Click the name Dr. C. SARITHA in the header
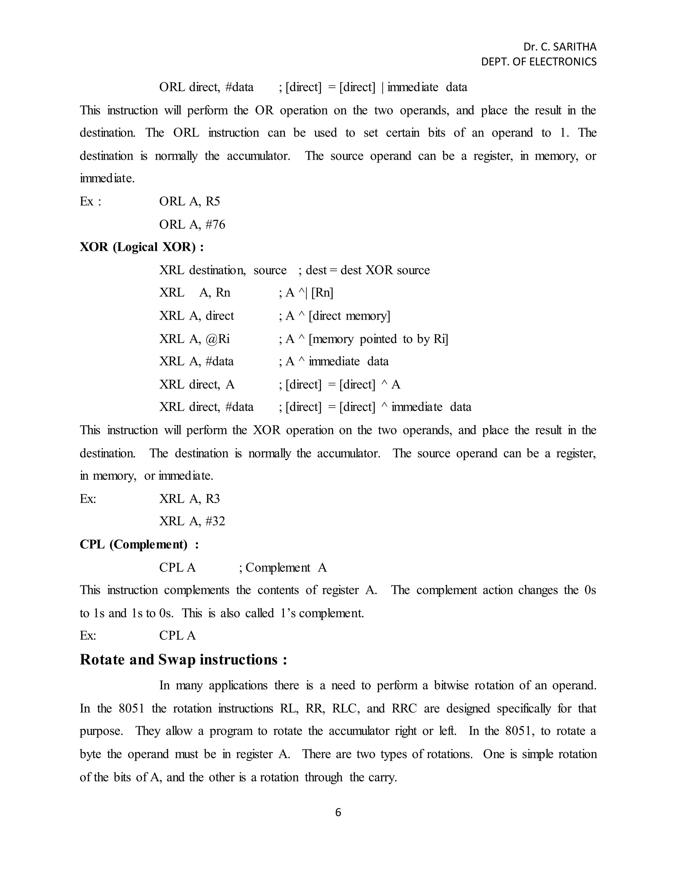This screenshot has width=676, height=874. click(x=559, y=47)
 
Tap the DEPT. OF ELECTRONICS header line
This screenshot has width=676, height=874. click(x=539, y=62)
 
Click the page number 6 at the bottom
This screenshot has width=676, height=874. click(x=338, y=812)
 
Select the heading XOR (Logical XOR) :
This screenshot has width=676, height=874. click(x=142, y=247)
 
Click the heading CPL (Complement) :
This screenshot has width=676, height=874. click(x=139, y=544)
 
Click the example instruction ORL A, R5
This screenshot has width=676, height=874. click(x=189, y=201)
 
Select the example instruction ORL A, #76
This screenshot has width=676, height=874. click(x=192, y=225)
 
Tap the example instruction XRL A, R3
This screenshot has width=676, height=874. click(x=189, y=499)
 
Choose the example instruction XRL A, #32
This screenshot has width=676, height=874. click(x=192, y=521)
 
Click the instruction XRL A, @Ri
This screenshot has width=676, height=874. click(x=195, y=339)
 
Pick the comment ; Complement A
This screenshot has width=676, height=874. click(x=283, y=568)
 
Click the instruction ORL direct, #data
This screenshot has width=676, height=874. click(x=206, y=87)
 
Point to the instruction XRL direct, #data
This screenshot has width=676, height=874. click(x=206, y=407)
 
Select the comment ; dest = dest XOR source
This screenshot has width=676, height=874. click(x=364, y=270)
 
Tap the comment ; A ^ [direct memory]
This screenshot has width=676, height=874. click(x=334, y=316)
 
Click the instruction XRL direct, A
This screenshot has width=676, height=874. click(x=197, y=385)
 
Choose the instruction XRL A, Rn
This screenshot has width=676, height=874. click(x=195, y=293)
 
